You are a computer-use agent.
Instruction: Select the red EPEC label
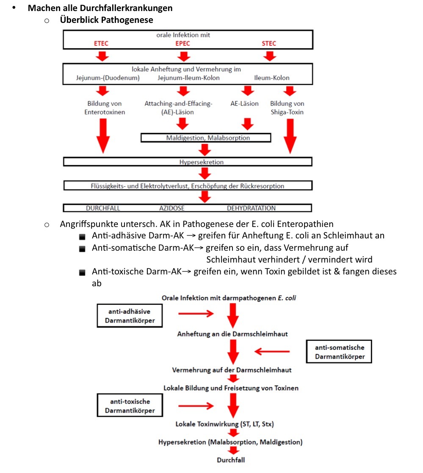point(183,43)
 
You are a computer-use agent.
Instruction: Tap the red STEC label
point(269,43)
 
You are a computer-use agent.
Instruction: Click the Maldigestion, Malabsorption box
point(206,138)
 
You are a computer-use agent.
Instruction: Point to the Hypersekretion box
point(188,162)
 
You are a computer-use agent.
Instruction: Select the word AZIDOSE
point(172,208)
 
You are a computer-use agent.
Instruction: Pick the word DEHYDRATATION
point(251,208)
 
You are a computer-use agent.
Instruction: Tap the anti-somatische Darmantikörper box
point(339,352)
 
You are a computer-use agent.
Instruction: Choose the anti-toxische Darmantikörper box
point(130,406)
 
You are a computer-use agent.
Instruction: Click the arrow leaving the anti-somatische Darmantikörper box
point(272,351)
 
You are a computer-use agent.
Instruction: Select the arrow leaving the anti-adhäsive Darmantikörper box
point(196,314)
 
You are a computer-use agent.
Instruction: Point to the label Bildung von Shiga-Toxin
point(287,108)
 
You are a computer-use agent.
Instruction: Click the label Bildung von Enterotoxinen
point(104,108)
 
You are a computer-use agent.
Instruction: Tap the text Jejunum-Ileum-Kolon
point(188,78)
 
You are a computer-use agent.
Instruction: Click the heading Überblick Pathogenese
point(106,19)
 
